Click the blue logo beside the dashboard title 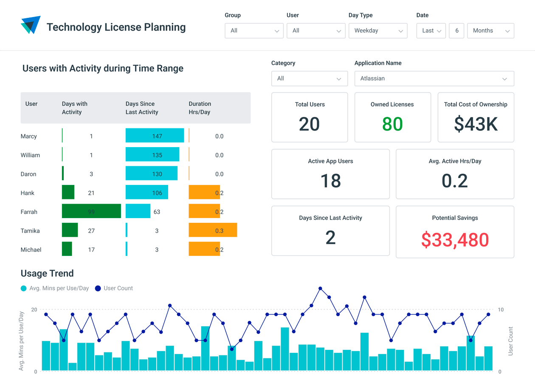pyautogui.click(x=31, y=25)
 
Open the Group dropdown pyautogui.click(x=254, y=31)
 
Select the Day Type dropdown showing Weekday pyautogui.click(x=378, y=31)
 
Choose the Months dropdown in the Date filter pyautogui.click(x=490, y=31)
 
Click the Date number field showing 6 pyautogui.click(x=456, y=31)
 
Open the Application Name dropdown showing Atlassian pyautogui.click(x=434, y=79)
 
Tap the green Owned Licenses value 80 pyautogui.click(x=392, y=124)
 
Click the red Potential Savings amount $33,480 pyautogui.click(x=455, y=240)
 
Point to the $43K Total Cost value pyautogui.click(x=476, y=124)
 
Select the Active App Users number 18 pyautogui.click(x=330, y=181)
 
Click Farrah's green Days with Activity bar pyautogui.click(x=91, y=211)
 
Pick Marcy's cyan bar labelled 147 pyautogui.click(x=155, y=136)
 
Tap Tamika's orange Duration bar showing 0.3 pyautogui.click(x=213, y=230)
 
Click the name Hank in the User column pyautogui.click(x=28, y=193)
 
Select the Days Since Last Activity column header pyautogui.click(x=142, y=108)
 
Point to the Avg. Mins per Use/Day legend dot pyautogui.click(x=24, y=289)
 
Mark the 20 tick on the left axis pyautogui.click(x=34, y=310)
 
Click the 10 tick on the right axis pyautogui.click(x=501, y=310)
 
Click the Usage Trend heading pyautogui.click(x=47, y=273)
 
